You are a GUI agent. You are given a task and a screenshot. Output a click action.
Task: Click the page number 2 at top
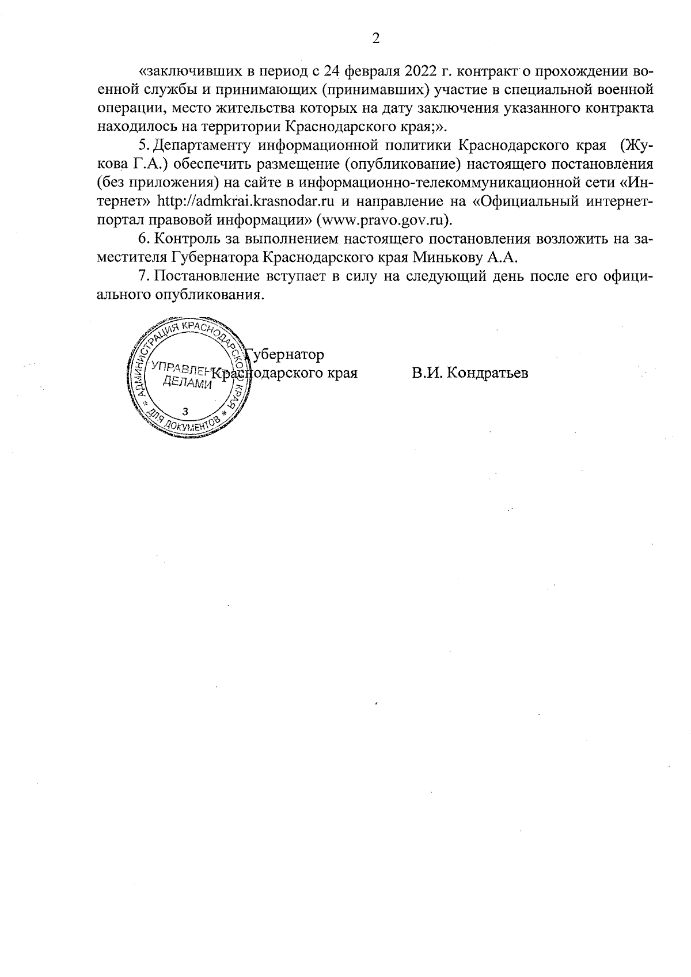pos(375,39)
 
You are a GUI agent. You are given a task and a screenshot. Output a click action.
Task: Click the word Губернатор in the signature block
pos(285,355)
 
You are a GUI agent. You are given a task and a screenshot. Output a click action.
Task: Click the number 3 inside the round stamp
pos(185,412)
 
